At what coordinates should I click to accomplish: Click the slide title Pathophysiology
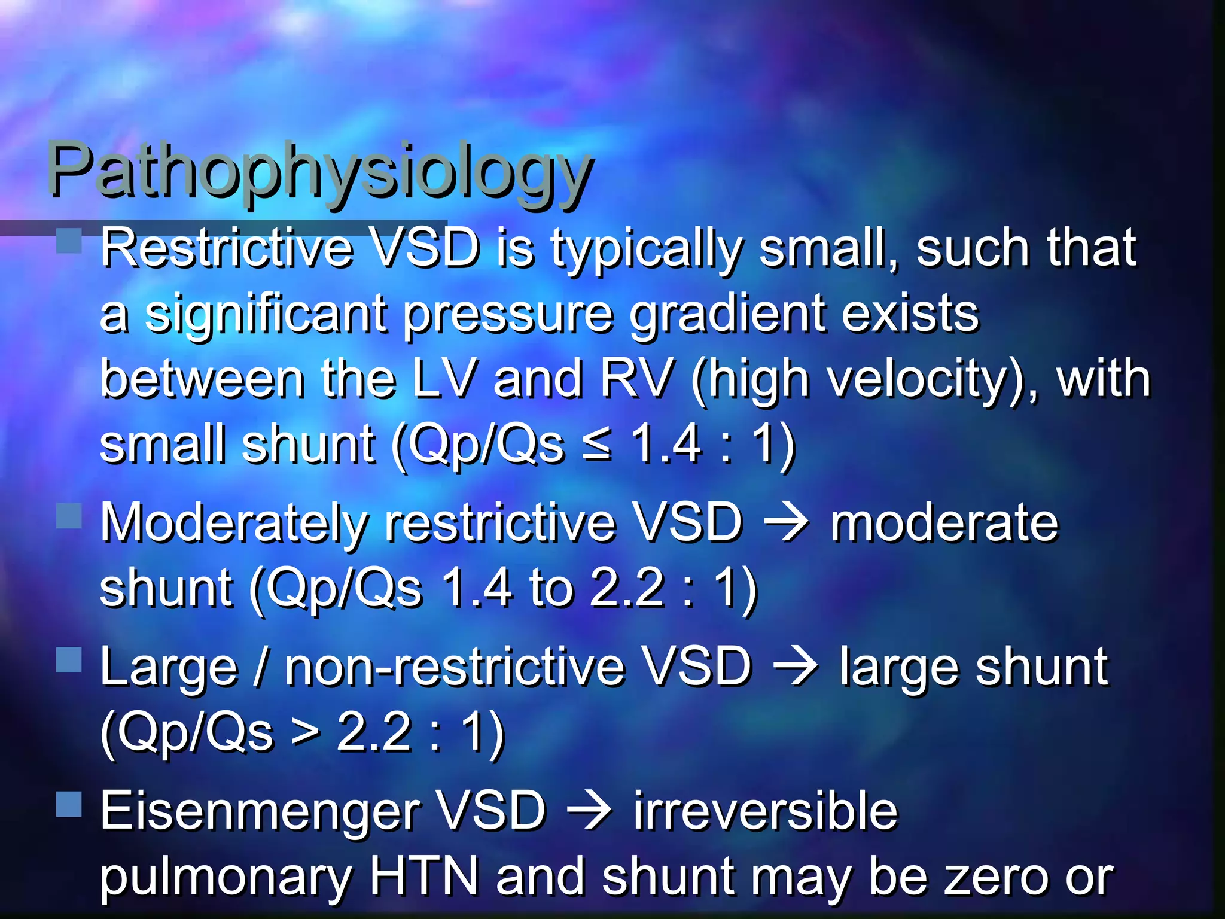[x=320, y=171]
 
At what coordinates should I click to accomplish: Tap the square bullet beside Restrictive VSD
[x=69, y=241]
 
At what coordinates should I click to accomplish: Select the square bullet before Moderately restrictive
[x=69, y=516]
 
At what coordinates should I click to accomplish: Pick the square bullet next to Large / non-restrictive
[x=69, y=660]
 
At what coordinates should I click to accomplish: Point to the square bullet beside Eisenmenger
[x=69, y=804]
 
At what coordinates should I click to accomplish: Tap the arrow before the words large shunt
[x=796, y=668]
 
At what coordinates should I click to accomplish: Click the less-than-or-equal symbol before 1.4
[x=597, y=446]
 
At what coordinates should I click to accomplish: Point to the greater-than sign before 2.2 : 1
[x=306, y=734]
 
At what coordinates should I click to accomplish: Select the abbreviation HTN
[x=424, y=877]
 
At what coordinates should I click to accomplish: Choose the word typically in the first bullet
[x=647, y=250]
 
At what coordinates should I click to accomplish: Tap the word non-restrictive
[x=455, y=668]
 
